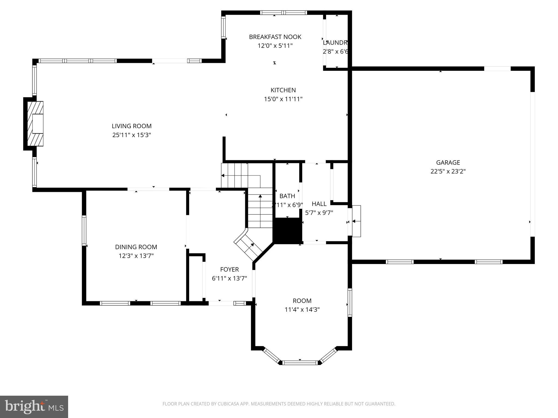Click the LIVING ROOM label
[x=132, y=126]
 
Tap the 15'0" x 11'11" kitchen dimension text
[x=283, y=99]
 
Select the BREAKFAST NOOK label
[x=275, y=37]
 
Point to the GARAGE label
[x=448, y=162]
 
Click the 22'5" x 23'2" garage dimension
[x=448, y=171]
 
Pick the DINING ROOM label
[x=136, y=247]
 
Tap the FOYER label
[x=229, y=269]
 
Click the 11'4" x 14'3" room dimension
[x=302, y=310]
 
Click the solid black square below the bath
[x=287, y=230]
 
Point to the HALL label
[x=319, y=204]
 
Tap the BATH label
[x=287, y=196]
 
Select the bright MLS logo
[x=34, y=407]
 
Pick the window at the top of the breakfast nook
[x=283, y=13]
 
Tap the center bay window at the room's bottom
[x=300, y=362]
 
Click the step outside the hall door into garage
[x=356, y=221]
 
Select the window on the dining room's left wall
[x=84, y=230]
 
